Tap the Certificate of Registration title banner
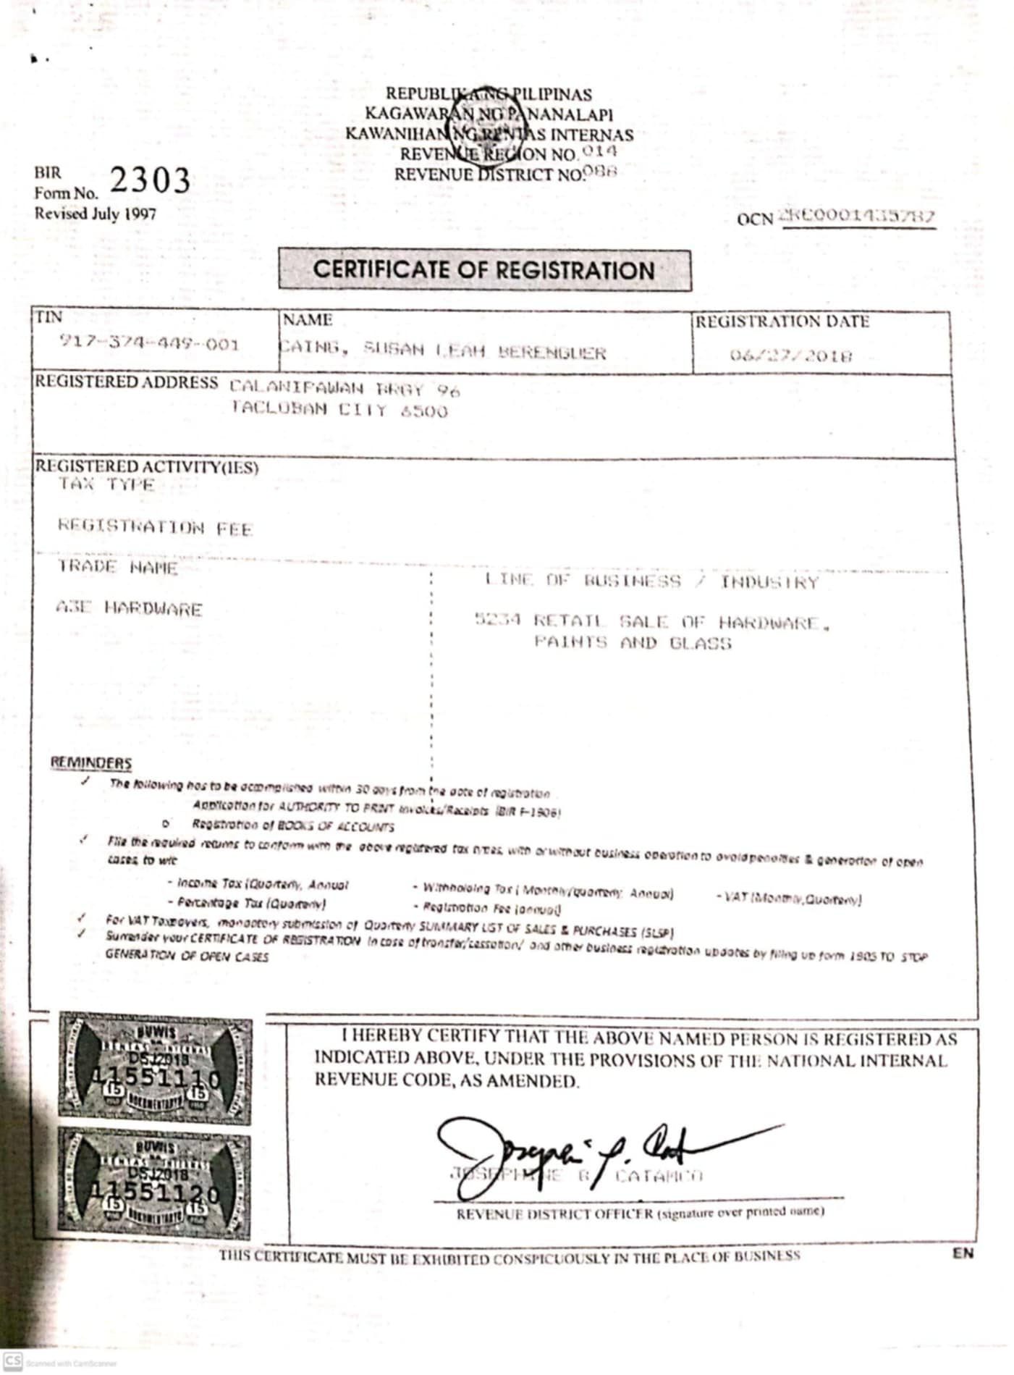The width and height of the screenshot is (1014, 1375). pos(484,270)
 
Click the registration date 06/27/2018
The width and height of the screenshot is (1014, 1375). pos(790,356)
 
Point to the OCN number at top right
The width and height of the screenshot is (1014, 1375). pos(856,216)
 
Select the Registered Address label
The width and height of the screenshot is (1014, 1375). pos(127,382)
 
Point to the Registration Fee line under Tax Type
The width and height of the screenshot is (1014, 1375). pos(155,528)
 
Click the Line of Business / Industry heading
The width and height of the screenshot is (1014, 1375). pos(651,581)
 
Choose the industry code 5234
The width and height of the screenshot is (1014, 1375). pos(498,620)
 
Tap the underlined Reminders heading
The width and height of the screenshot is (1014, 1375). pos(91,762)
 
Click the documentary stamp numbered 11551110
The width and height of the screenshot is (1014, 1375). pos(156,1068)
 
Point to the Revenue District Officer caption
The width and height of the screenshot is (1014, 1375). pos(555,1214)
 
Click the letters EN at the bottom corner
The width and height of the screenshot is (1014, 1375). pos(963,1253)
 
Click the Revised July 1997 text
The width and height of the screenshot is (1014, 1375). pos(95,214)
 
